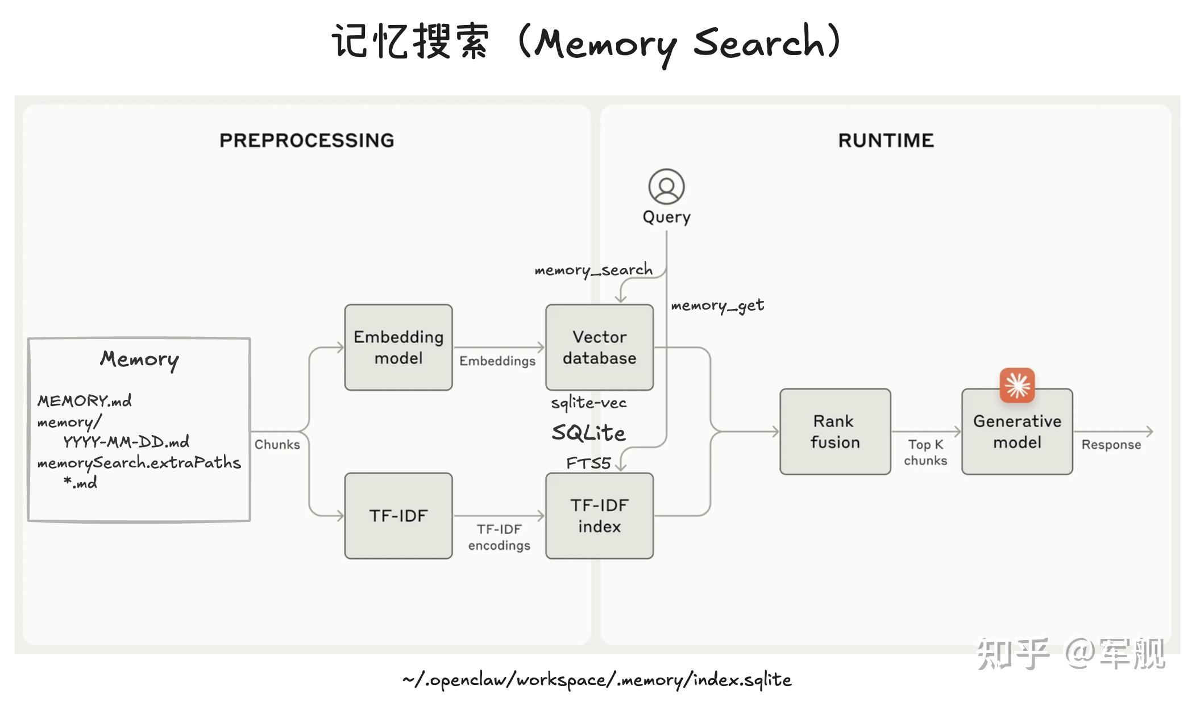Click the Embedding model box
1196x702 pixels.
(x=398, y=347)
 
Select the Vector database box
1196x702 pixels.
(x=599, y=347)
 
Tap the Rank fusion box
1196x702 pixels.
(x=834, y=431)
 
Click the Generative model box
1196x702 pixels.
(x=1016, y=432)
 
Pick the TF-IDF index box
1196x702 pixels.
(x=599, y=516)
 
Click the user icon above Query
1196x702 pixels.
(x=666, y=186)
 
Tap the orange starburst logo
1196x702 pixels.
(x=1017, y=385)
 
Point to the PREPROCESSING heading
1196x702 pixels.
(x=306, y=140)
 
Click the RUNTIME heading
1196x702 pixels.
(x=886, y=140)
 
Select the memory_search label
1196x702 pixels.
(x=593, y=270)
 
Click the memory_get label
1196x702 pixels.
(x=717, y=306)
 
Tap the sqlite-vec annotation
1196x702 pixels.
(x=588, y=403)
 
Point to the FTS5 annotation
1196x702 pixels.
(x=588, y=463)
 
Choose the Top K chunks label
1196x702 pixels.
(x=925, y=452)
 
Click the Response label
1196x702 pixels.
(x=1111, y=445)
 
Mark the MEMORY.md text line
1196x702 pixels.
(x=84, y=401)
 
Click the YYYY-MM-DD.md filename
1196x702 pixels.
(x=126, y=442)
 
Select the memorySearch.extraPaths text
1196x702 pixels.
(x=139, y=463)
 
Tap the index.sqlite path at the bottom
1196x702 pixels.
(x=596, y=679)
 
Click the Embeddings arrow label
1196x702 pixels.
(x=497, y=361)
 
